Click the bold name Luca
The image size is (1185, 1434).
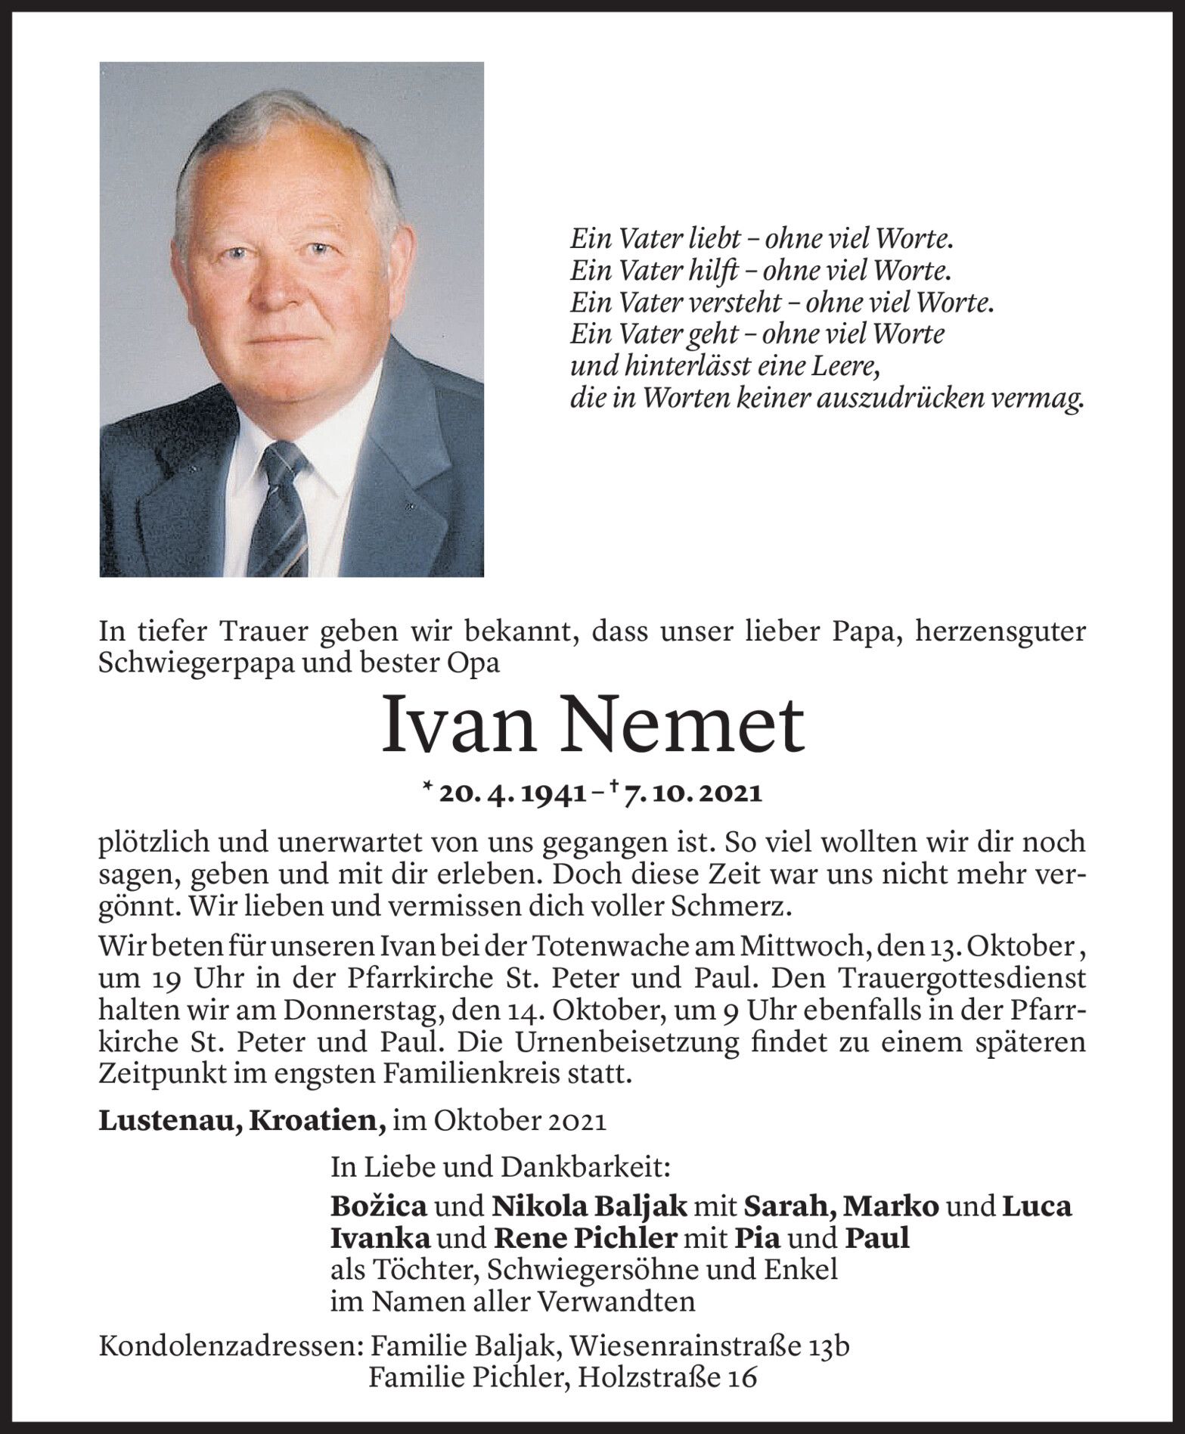(x=1037, y=1206)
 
